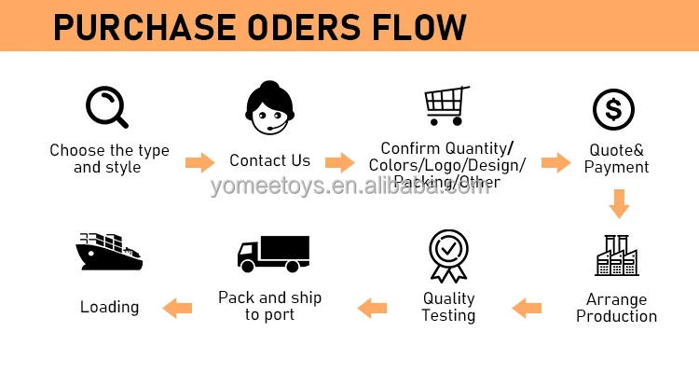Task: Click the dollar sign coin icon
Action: coord(614,110)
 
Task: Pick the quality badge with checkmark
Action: coord(447,255)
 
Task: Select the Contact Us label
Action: coord(270,160)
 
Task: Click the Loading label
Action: coord(109,307)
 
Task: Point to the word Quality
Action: coord(448,298)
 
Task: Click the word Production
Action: coord(616,316)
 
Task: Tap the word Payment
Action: coord(616,168)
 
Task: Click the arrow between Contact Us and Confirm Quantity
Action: coord(340,162)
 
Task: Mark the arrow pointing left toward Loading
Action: coord(177,305)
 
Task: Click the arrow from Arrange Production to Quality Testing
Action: coord(527,307)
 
